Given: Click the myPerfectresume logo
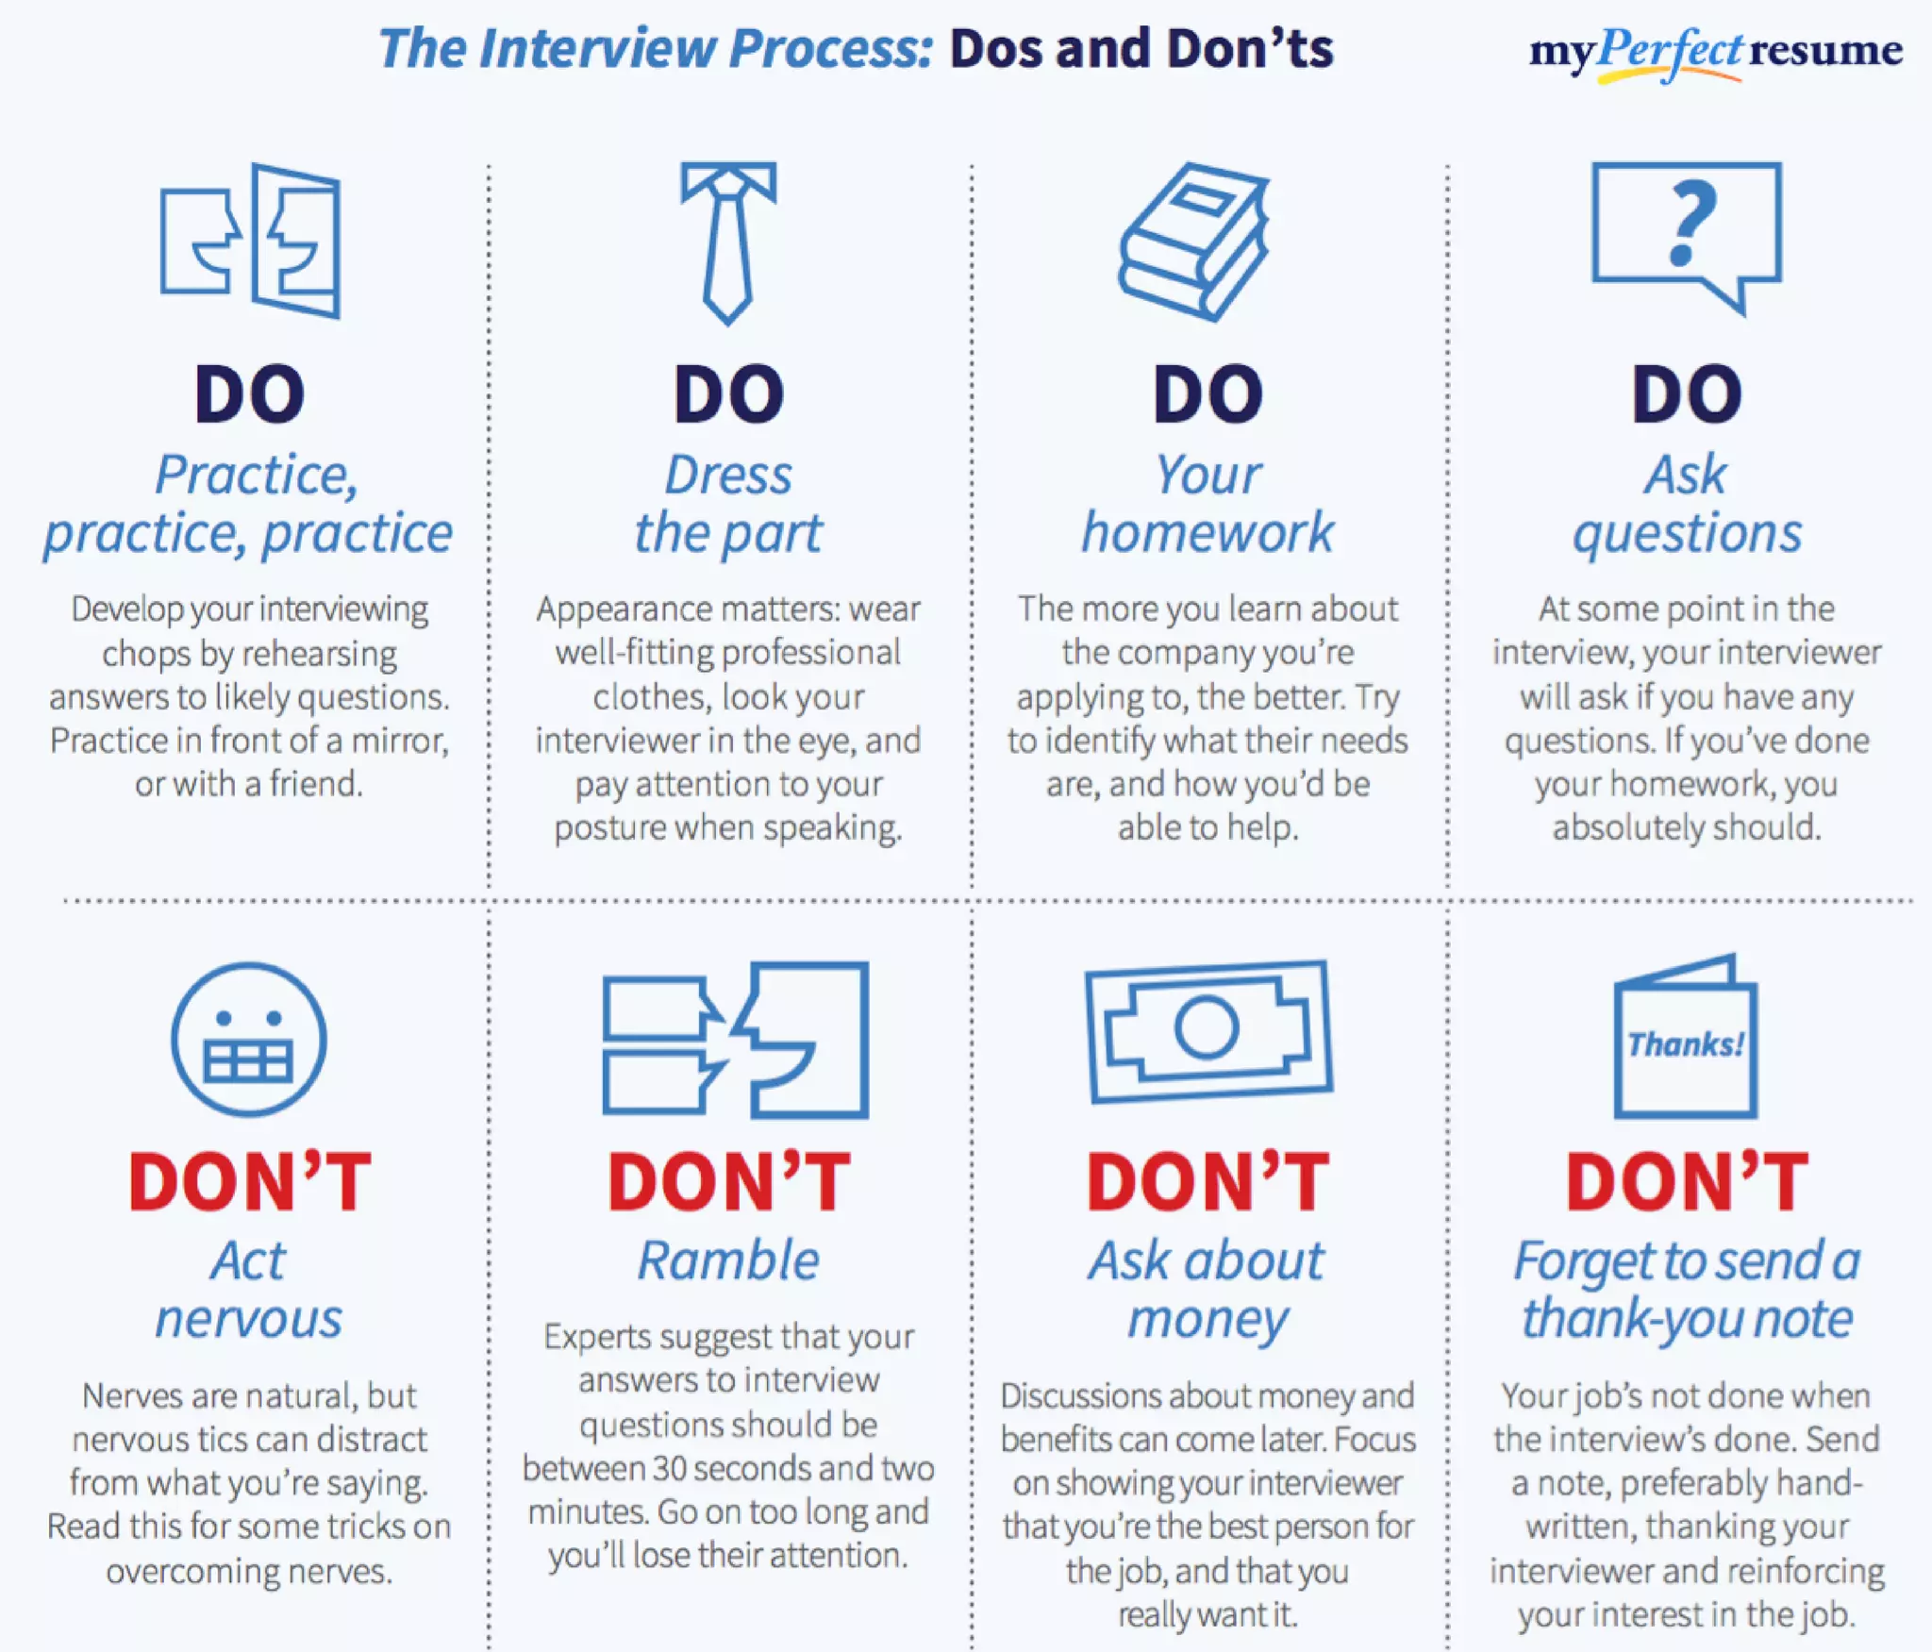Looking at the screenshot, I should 1715,51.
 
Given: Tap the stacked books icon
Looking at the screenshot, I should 1194,242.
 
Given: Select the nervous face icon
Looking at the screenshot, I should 249,1039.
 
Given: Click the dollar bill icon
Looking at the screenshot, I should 1208,1030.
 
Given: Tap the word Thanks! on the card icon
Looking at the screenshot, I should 1686,1044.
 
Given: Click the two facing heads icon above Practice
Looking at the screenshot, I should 250,242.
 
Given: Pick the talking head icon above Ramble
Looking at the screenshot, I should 736,1039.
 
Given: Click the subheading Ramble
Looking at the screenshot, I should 728,1260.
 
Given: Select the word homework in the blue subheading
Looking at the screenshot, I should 1207,533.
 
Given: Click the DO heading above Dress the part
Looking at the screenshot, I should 728,394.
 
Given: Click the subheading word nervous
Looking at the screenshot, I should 249,1318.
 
